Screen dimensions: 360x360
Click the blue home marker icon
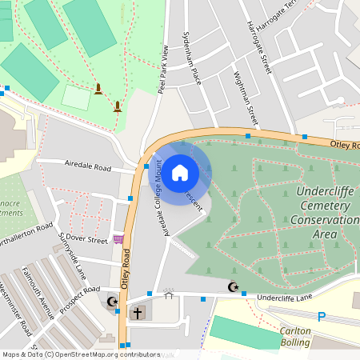(x=180, y=171)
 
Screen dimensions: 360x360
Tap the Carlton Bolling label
(x=294, y=337)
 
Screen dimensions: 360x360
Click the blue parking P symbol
(x=322, y=317)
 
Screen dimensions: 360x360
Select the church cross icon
(x=138, y=313)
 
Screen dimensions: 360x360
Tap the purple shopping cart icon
(x=118, y=238)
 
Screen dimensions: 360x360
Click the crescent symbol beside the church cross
(x=111, y=302)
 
